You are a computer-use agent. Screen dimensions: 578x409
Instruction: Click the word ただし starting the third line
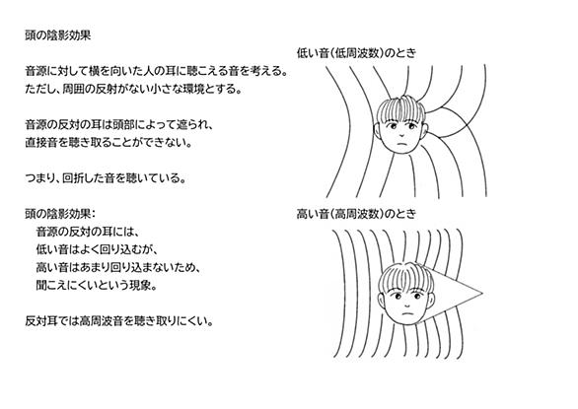(39, 89)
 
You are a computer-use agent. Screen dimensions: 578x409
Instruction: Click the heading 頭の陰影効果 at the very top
(57, 35)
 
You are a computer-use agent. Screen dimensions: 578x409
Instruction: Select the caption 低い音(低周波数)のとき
(356, 53)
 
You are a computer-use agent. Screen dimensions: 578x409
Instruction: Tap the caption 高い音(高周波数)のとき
(356, 214)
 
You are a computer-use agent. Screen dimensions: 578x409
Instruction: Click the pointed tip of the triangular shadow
(482, 294)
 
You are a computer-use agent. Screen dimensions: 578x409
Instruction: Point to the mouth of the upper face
(402, 144)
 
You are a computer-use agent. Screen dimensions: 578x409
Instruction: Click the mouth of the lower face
(407, 314)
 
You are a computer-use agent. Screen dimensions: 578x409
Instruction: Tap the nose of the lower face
(407, 305)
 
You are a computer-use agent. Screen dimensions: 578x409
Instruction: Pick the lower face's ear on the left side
(381, 301)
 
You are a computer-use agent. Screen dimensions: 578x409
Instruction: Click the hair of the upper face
(401, 107)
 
